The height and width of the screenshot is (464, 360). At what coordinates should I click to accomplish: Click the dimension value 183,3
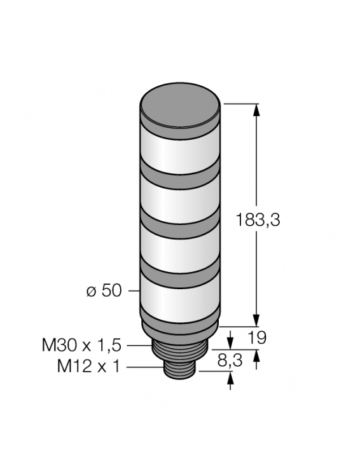(x=258, y=220)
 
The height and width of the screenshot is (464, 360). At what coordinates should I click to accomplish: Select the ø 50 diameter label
(x=104, y=290)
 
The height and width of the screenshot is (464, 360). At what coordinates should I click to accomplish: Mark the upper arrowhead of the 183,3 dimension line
(x=257, y=109)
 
